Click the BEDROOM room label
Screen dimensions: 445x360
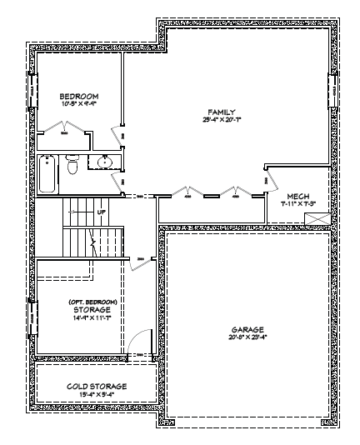[79, 96]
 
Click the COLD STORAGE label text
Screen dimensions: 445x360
[97, 387]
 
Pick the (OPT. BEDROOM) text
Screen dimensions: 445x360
[92, 300]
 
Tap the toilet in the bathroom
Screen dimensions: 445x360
[73, 168]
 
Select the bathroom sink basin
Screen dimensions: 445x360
[104, 162]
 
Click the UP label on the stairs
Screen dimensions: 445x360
[101, 212]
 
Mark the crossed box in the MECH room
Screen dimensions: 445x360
[316, 218]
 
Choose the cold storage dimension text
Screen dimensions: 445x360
[97, 396]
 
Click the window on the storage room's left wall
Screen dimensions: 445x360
[34, 317]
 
